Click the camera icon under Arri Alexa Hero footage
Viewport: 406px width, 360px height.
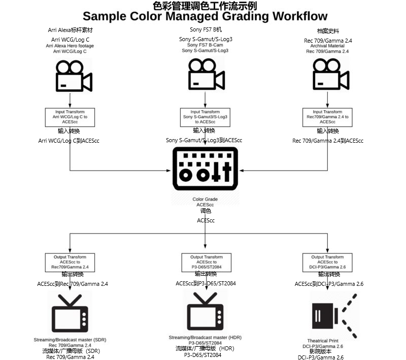74,76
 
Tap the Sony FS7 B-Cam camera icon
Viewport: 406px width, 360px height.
207,74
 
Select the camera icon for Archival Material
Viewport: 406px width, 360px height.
331,74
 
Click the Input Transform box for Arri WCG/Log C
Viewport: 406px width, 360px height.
70,117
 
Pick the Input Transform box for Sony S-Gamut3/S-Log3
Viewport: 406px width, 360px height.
205,117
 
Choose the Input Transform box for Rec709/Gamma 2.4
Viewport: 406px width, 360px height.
327,117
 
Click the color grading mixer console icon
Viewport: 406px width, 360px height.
205,169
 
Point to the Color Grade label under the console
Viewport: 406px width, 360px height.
205,199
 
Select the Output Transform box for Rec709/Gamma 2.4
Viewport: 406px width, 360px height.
70,263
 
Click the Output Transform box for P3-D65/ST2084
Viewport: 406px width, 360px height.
207,263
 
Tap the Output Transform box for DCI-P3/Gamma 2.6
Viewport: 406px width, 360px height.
327,263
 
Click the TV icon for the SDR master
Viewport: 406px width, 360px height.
70,313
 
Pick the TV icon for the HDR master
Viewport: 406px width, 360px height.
205,311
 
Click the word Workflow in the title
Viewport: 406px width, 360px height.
300,16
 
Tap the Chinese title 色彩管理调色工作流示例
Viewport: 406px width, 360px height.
205,6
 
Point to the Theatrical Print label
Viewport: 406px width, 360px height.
323,341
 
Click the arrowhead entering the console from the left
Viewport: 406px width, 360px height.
168,171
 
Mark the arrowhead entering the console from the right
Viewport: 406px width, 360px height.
242,171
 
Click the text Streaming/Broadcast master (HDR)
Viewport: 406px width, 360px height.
205,338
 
